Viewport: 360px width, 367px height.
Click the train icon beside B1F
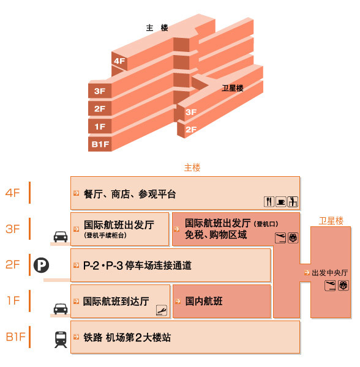(61, 339)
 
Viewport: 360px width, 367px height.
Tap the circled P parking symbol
(41, 265)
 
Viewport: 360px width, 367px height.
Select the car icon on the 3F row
(61, 237)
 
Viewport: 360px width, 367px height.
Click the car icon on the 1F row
(61, 309)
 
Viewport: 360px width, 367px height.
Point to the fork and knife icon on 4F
(269, 201)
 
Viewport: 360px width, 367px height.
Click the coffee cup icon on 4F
(281, 201)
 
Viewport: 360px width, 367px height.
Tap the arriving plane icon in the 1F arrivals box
(162, 310)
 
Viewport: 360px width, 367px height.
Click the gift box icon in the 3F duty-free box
(293, 238)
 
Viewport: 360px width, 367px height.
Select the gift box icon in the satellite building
(343, 286)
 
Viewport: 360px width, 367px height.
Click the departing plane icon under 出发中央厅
(330, 286)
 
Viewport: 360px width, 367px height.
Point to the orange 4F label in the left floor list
(12, 193)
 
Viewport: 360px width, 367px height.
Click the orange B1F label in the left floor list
(15, 337)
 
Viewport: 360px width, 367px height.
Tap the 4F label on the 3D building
(119, 61)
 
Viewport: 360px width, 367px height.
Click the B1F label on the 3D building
(100, 144)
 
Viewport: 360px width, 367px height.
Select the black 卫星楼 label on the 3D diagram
(233, 88)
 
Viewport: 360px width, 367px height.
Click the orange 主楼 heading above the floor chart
(192, 168)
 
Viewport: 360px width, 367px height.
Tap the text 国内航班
(204, 301)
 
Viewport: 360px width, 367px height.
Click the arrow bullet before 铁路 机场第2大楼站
(76, 337)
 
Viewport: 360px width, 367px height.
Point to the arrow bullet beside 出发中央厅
(307, 272)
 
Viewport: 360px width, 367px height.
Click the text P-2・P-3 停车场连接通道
(138, 265)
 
